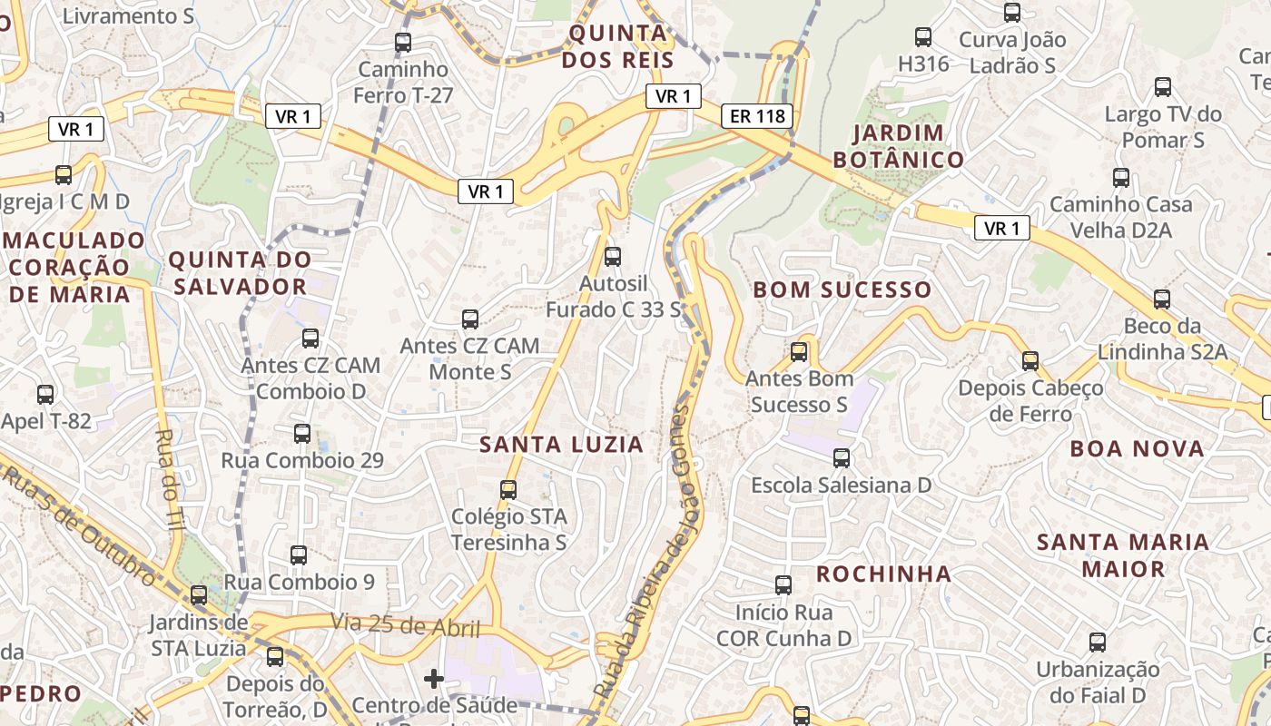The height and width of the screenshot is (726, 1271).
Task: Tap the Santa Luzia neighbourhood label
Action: pyautogui.click(x=561, y=445)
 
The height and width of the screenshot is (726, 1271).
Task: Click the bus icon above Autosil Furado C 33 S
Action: pyautogui.click(x=613, y=257)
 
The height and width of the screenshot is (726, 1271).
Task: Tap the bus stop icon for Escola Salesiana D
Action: pyautogui.click(x=842, y=458)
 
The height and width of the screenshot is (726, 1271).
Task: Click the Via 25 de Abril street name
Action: pyautogui.click(x=405, y=625)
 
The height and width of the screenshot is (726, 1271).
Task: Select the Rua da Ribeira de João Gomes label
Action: pyautogui.click(x=646, y=554)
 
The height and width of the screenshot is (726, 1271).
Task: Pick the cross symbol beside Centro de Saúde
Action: pyautogui.click(x=434, y=678)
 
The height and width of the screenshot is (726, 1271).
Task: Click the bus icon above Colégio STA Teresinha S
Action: pyautogui.click(x=508, y=490)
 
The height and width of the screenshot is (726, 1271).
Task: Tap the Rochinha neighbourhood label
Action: pyautogui.click(x=883, y=574)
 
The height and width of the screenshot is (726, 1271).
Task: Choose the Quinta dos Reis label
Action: pyautogui.click(x=617, y=47)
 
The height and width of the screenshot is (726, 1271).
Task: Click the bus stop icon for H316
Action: pyautogui.click(x=923, y=37)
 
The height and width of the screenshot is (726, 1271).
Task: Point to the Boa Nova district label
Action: pyautogui.click(x=1137, y=449)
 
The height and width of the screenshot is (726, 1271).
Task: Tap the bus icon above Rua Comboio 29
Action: pyautogui.click(x=302, y=434)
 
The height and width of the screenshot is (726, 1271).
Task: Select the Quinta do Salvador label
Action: pyautogui.click(x=240, y=273)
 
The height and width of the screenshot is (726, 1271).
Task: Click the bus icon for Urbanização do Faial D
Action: pyautogui.click(x=1098, y=643)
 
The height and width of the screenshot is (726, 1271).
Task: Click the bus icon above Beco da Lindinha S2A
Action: pyautogui.click(x=1162, y=299)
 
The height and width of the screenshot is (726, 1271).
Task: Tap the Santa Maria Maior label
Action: pyautogui.click(x=1122, y=555)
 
